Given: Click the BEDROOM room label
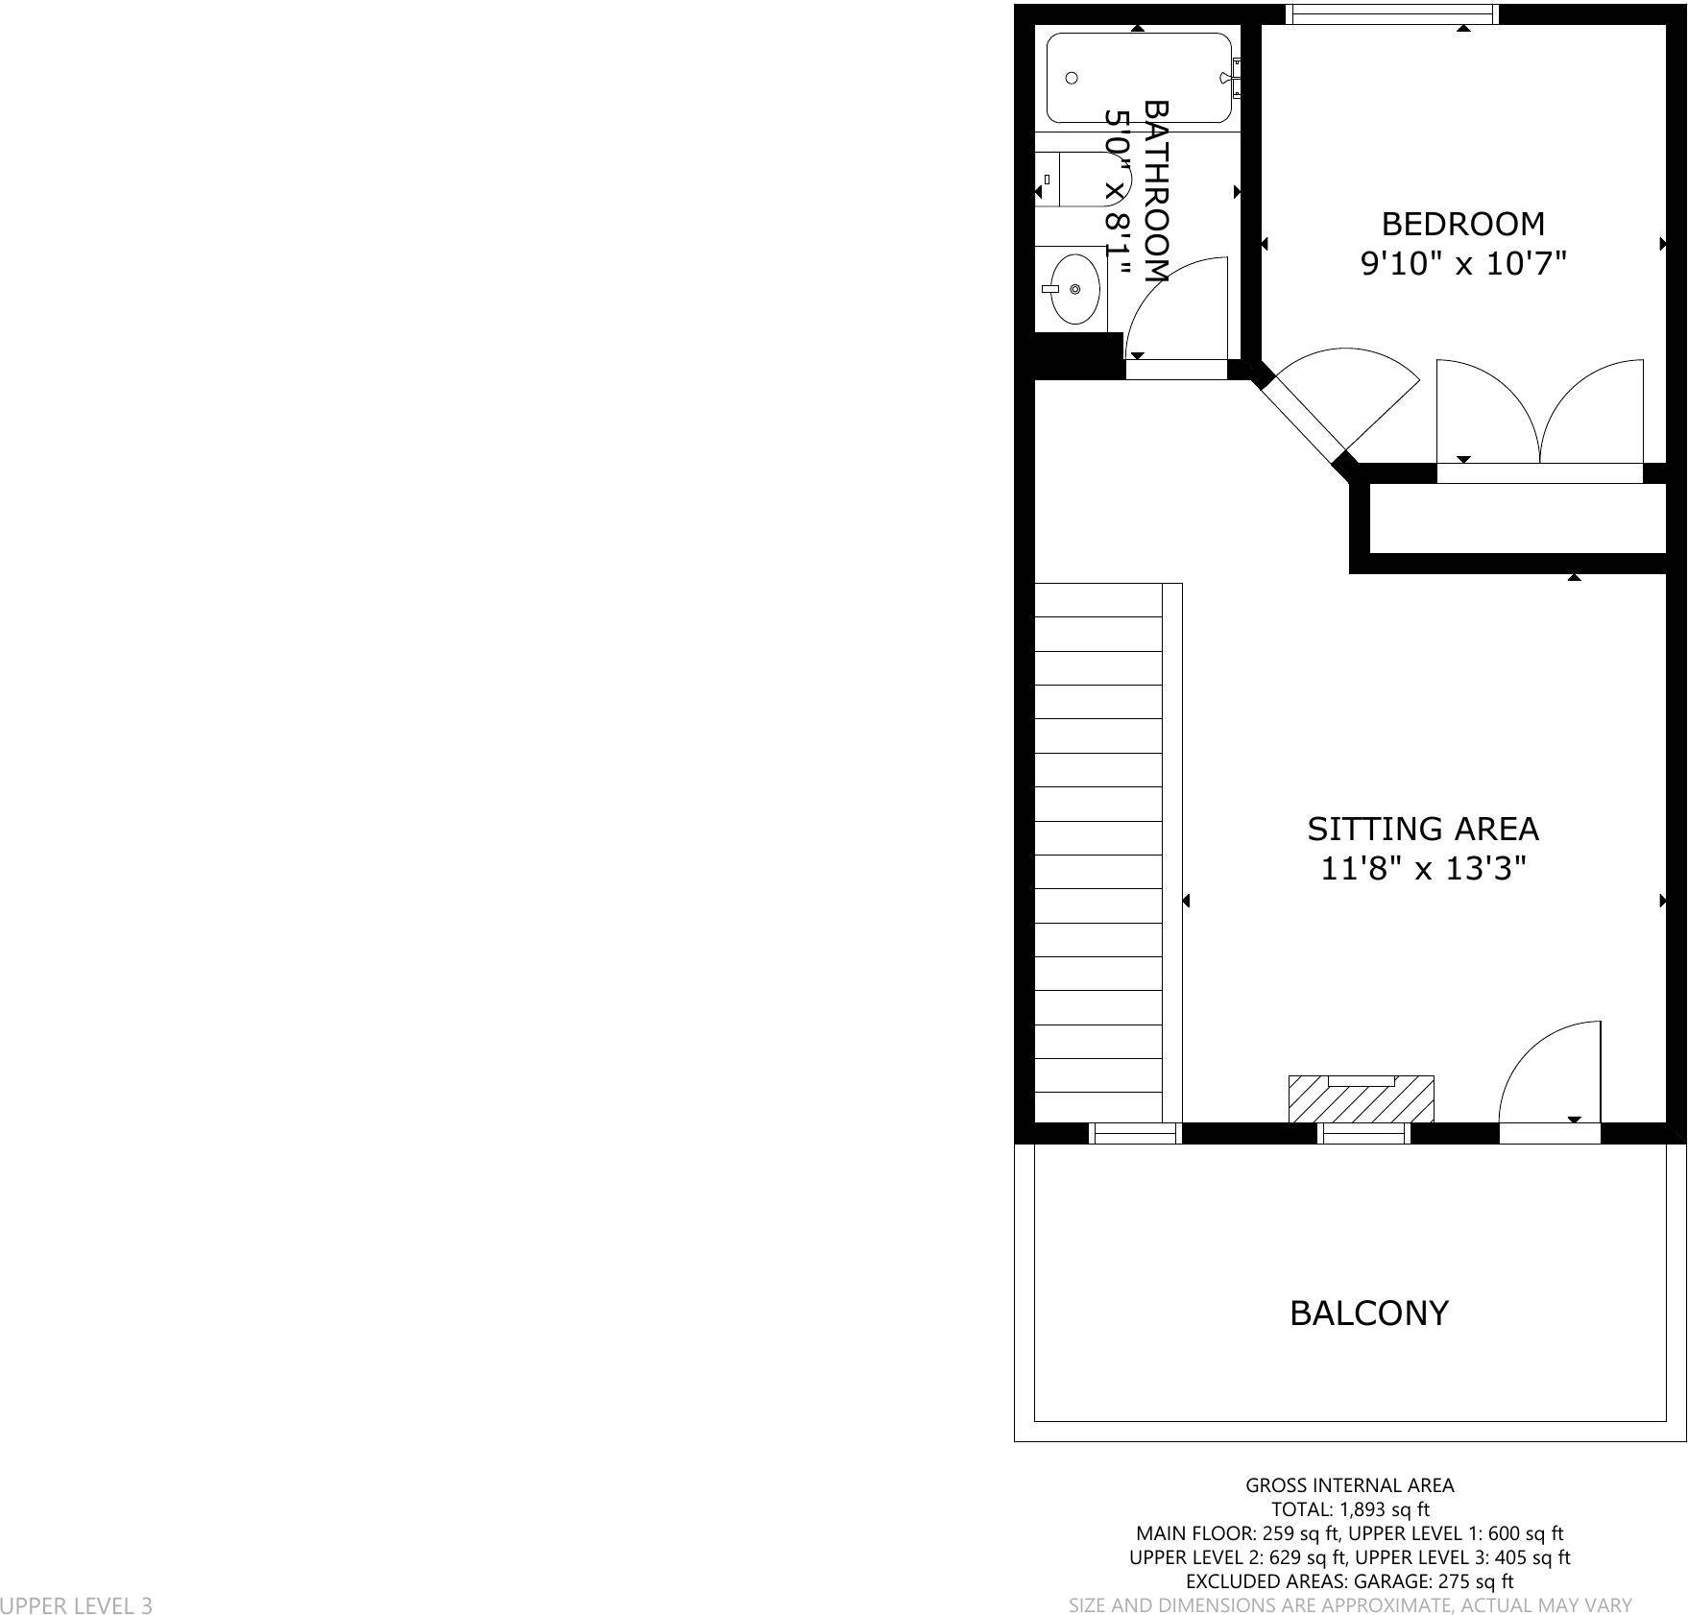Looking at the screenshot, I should (1462, 224).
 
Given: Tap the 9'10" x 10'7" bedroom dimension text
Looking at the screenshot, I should (1462, 263).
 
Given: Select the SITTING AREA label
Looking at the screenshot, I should (1422, 829).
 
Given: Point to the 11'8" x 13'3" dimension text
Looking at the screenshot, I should (1422, 869).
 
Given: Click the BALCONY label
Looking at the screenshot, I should (1368, 1313).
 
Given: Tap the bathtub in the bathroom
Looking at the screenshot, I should (1138, 78).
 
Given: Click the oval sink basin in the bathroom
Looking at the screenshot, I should (1074, 288).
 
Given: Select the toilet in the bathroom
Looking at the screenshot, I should (1080, 180).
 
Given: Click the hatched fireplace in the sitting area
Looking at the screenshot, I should (1361, 1099).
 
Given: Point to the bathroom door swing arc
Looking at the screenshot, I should (1176, 307).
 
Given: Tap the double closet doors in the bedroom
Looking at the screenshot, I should (1539, 413).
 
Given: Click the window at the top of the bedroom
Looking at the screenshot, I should (1391, 13).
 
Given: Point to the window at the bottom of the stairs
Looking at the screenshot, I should (1136, 1134).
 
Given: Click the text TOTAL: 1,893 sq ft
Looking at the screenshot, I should (1349, 1508).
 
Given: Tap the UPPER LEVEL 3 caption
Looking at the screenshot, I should (76, 1604).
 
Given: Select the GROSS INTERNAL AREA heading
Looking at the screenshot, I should (1349, 1484).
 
